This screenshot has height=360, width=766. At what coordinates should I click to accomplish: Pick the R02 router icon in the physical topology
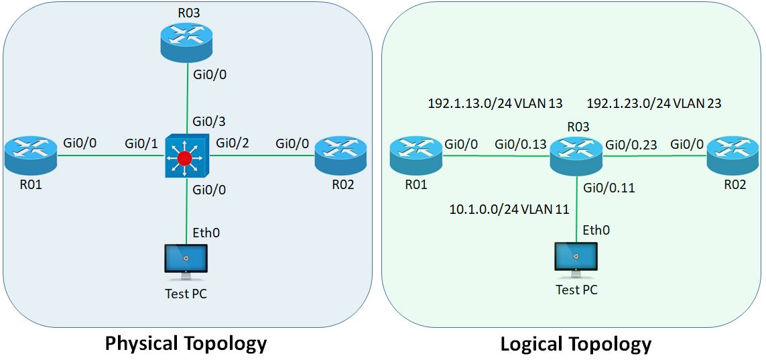pyautogui.click(x=341, y=156)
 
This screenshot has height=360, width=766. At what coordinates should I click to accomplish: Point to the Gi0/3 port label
pyautogui.click(x=209, y=122)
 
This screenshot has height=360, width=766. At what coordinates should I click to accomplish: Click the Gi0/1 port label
pyautogui.click(x=141, y=143)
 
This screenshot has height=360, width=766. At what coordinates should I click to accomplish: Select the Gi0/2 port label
pyautogui.click(x=233, y=143)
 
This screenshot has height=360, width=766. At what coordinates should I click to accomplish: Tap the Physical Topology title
pyautogui.click(x=186, y=343)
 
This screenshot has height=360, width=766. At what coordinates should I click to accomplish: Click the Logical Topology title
pyautogui.click(x=576, y=344)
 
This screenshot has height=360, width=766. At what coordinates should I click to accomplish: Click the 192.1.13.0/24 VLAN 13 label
pyautogui.click(x=495, y=103)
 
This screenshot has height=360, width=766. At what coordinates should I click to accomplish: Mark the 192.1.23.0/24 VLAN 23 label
pyautogui.click(x=653, y=103)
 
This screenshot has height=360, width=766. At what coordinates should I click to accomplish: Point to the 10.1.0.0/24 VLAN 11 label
pyautogui.click(x=509, y=209)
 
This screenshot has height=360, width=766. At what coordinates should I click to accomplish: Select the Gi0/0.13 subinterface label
pyautogui.click(x=520, y=143)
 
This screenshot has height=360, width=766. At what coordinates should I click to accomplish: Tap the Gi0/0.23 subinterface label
pyautogui.click(x=631, y=143)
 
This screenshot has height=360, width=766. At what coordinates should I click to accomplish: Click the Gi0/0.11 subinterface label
pyautogui.click(x=609, y=188)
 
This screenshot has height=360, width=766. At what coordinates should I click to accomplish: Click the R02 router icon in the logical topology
pyautogui.click(x=732, y=156)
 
